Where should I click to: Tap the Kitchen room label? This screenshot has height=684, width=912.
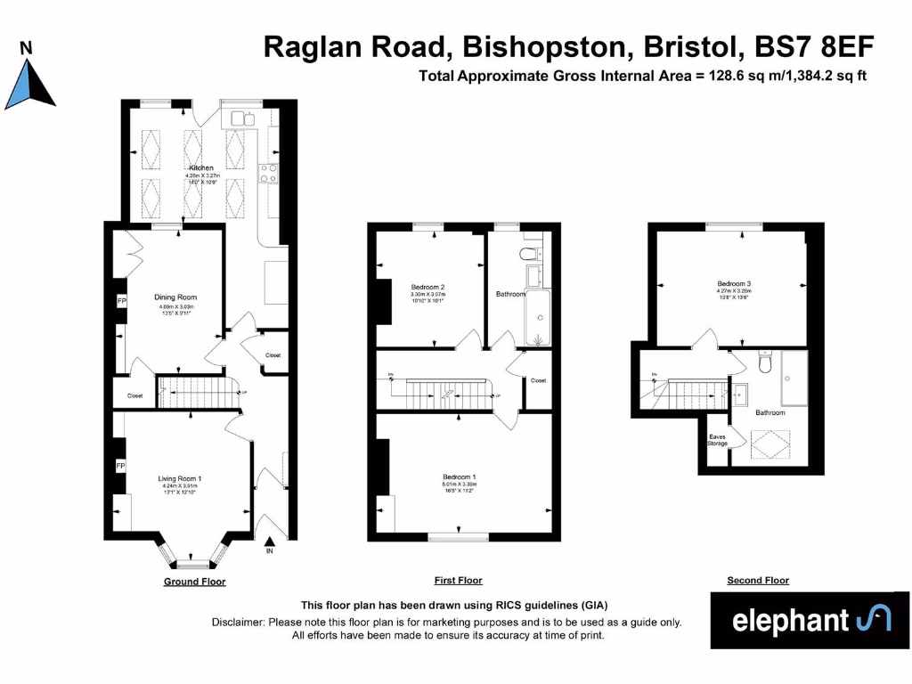[x=200, y=168]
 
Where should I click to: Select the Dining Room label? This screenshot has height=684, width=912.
[x=175, y=297]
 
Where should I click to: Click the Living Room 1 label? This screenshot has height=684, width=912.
[x=180, y=478]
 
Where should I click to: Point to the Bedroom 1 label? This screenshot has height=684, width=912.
[x=460, y=477]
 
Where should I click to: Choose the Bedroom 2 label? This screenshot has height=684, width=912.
[x=427, y=287]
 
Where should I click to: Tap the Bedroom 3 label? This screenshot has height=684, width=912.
[x=734, y=283]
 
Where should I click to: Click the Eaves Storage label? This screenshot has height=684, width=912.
[x=717, y=440]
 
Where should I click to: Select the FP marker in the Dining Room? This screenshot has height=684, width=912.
[x=121, y=302]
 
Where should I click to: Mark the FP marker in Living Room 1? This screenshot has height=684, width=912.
[x=119, y=466]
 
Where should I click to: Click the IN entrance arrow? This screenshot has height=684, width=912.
[x=269, y=542]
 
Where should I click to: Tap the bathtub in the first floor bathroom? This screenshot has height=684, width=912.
[x=538, y=319]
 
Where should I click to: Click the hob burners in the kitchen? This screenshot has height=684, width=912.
[x=268, y=173]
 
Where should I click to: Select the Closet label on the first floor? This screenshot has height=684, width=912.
[x=538, y=380]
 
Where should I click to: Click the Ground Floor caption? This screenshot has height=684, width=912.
[x=194, y=582]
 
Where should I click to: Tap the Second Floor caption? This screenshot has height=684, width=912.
[x=758, y=581]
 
